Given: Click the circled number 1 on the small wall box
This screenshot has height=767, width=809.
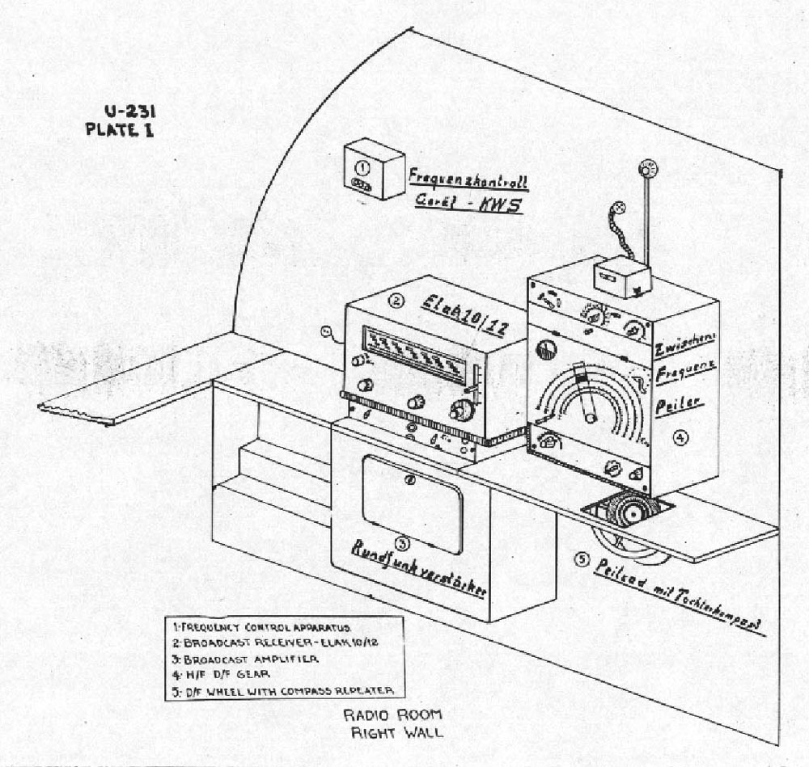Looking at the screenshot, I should [363, 167].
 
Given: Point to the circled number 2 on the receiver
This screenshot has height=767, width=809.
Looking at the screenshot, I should [396, 301].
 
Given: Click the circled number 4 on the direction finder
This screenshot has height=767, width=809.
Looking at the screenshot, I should [680, 437].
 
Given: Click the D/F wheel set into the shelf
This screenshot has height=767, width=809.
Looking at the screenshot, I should [632, 512].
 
